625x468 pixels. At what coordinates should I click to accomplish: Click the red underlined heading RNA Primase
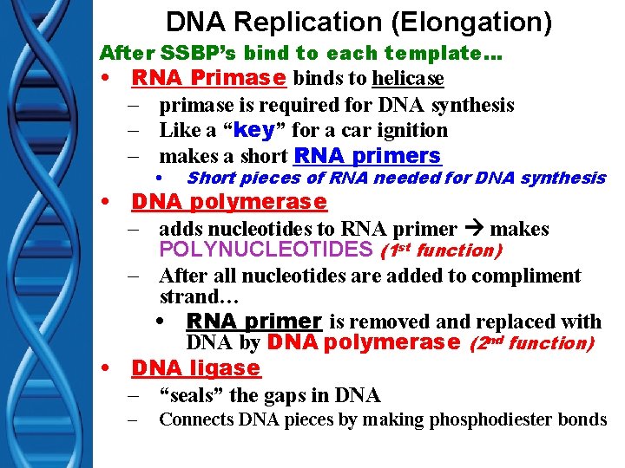coord(208,79)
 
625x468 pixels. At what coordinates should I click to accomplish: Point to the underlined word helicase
coord(408,80)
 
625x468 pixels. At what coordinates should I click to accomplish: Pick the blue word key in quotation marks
coord(254,130)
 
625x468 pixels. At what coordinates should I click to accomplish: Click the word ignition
coord(409,131)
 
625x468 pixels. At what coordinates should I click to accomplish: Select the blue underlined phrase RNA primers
coord(367,156)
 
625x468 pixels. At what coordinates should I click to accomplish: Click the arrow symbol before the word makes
coord(474,230)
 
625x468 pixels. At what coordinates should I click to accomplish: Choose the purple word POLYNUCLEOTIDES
coord(266,250)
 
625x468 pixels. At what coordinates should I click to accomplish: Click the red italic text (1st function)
coord(441,250)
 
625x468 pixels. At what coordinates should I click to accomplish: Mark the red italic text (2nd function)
coord(531,343)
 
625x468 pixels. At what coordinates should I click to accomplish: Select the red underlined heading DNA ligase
coord(195,368)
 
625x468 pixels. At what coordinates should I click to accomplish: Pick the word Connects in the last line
coord(195,420)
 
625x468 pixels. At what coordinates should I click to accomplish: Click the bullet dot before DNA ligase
coord(105,368)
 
